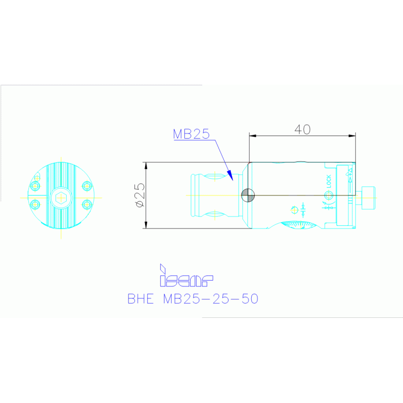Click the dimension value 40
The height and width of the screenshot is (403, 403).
(x=302, y=129)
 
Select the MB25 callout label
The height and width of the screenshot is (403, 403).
(x=191, y=134)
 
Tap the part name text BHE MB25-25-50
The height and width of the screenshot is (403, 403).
(x=192, y=299)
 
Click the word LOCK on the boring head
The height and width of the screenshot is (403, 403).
(x=329, y=181)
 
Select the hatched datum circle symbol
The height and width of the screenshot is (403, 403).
(x=248, y=195)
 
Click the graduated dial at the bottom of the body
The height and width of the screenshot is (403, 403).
(x=300, y=225)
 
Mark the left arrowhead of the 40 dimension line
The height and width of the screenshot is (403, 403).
(x=252, y=136)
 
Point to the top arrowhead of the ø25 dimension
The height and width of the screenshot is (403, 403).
(x=146, y=165)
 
